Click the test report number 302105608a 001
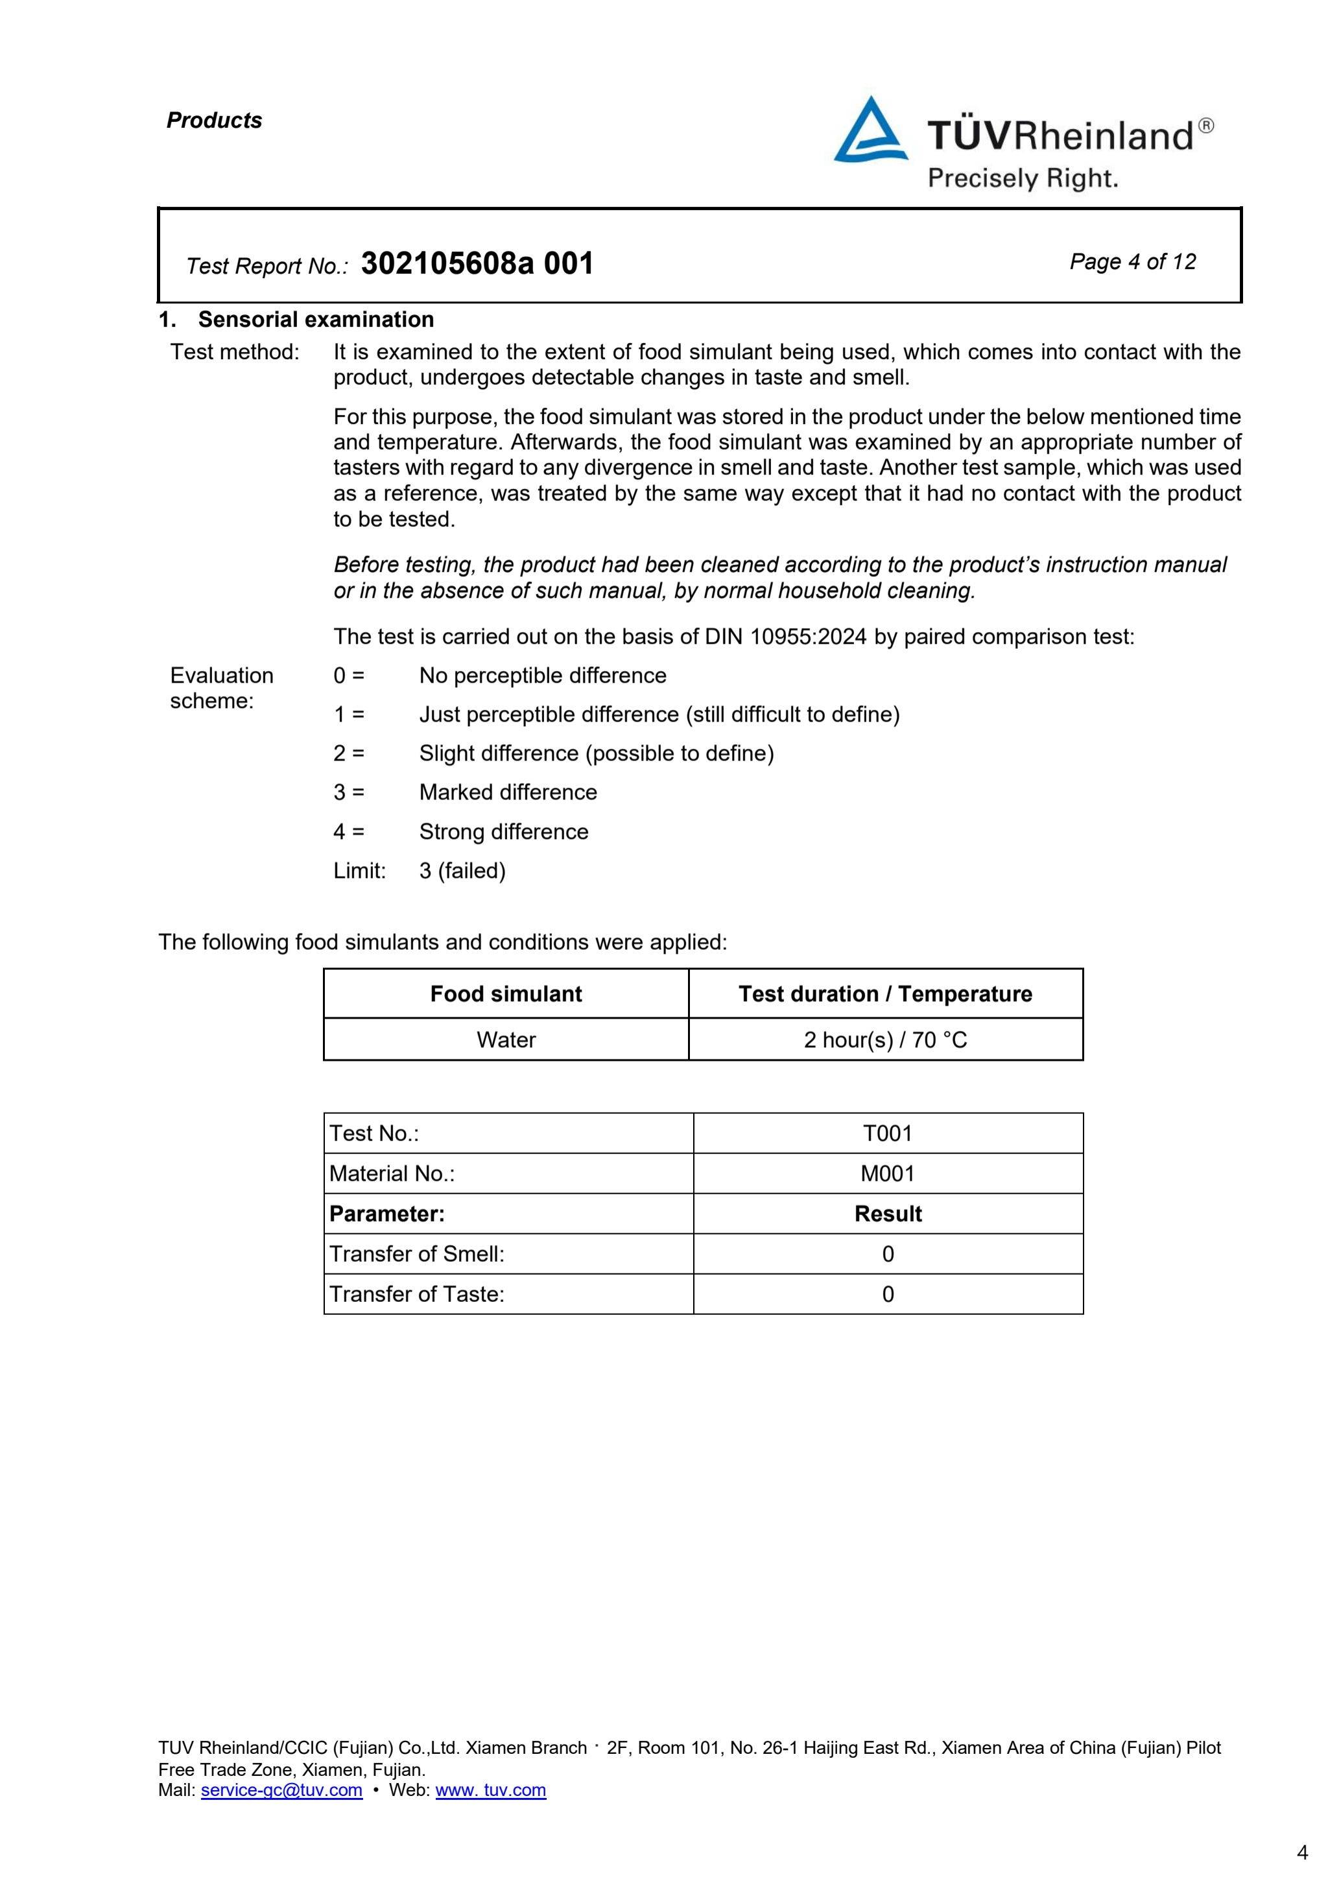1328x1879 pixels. click(x=477, y=263)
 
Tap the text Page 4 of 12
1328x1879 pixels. click(x=1132, y=262)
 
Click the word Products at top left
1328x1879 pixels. click(x=215, y=121)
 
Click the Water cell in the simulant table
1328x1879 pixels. click(x=506, y=1039)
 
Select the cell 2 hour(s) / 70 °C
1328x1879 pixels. click(x=885, y=1039)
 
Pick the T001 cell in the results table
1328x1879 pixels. click(x=888, y=1133)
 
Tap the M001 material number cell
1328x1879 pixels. click(x=888, y=1174)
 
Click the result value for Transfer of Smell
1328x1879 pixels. click(x=888, y=1254)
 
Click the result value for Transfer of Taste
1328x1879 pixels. click(x=888, y=1294)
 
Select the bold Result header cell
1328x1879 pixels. click(x=888, y=1214)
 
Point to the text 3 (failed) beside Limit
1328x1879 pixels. click(x=462, y=871)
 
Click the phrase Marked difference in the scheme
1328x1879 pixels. click(x=508, y=792)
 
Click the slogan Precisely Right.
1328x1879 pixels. click(x=1023, y=178)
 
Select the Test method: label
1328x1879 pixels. click(x=235, y=352)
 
